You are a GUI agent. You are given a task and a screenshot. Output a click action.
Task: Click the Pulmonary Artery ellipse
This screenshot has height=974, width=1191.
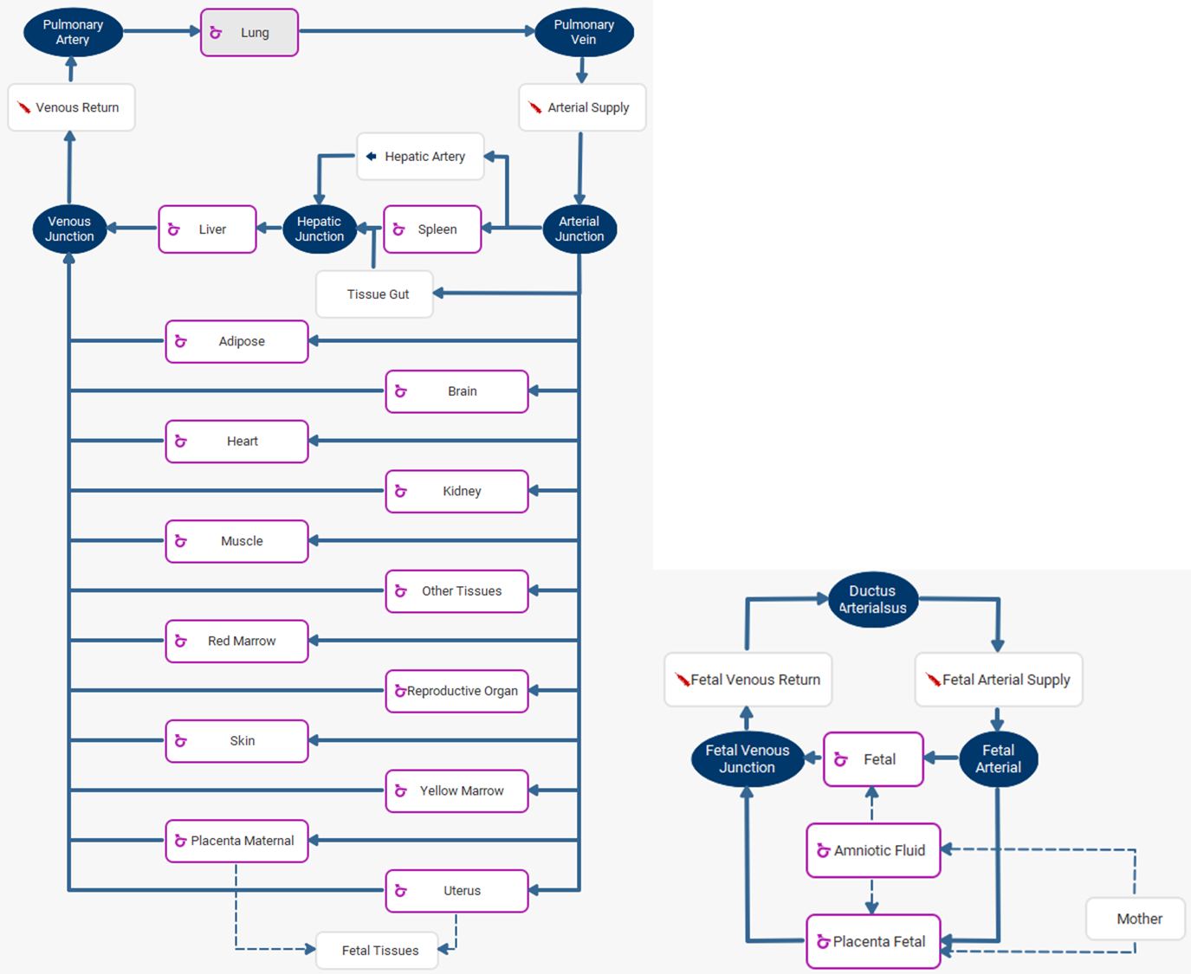coord(73,33)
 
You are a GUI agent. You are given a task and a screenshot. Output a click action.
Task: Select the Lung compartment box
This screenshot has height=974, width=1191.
coord(249,33)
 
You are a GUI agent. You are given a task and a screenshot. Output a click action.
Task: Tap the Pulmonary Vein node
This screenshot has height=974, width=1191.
coord(584,33)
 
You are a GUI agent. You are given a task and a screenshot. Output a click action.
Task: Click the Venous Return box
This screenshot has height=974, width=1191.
coord(71,107)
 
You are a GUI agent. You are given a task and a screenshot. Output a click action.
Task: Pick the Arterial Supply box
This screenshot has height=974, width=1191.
coord(582,107)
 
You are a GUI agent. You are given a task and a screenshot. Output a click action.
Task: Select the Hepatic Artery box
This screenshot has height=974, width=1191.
coord(420,157)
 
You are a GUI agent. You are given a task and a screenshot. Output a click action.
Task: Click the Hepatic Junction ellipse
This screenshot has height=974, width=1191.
coord(320,229)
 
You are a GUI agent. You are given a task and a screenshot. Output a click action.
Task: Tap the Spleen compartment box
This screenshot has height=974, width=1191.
coord(432,229)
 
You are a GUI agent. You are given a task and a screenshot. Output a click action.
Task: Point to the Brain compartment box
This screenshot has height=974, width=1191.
coord(456,391)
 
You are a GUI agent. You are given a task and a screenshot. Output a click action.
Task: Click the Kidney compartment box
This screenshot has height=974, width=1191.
coord(456,491)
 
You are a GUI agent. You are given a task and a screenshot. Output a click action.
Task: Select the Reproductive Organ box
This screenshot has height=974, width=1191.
coord(456,691)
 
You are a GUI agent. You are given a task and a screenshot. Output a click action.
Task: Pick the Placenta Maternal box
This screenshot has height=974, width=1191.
coord(236,841)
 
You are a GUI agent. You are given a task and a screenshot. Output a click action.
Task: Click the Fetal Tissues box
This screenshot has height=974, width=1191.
coord(379,951)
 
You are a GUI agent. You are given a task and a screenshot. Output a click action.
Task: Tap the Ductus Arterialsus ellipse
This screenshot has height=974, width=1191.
coord(872,599)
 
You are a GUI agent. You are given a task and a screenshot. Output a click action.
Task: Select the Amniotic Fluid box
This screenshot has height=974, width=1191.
coord(873,850)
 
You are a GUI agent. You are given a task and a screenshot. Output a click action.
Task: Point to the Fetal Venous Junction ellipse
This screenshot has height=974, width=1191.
coord(747,759)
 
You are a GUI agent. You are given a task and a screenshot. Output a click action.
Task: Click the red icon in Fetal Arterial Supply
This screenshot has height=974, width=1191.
coord(933,680)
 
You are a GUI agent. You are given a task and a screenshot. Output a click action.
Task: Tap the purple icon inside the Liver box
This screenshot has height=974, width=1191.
coord(174,229)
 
